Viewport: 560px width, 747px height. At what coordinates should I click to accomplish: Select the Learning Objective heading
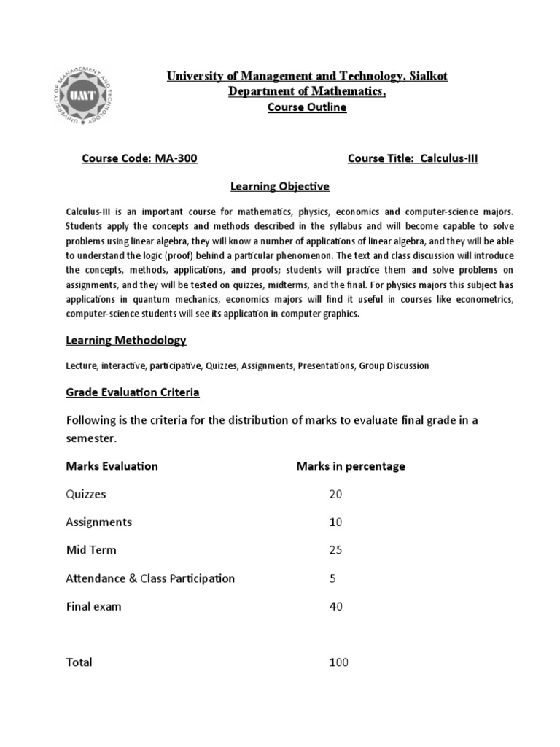280,187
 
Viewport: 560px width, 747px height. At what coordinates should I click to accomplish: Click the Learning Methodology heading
126,340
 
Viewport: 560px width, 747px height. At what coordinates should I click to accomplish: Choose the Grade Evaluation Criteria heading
133,392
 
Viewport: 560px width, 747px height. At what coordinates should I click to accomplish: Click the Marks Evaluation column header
112,466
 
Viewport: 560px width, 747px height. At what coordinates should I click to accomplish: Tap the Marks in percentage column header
350,466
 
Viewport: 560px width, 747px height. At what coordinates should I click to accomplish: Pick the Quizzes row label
86,494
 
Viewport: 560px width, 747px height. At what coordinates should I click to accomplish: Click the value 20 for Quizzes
335,494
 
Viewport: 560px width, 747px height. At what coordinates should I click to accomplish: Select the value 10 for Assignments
335,522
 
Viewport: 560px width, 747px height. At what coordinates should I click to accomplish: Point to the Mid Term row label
91,550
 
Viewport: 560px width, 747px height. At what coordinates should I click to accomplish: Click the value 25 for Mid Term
335,550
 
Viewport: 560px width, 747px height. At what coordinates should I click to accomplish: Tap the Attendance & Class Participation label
150,578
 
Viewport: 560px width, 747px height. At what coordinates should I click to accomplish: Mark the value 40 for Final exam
335,606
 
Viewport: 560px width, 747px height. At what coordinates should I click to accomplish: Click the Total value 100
339,662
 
